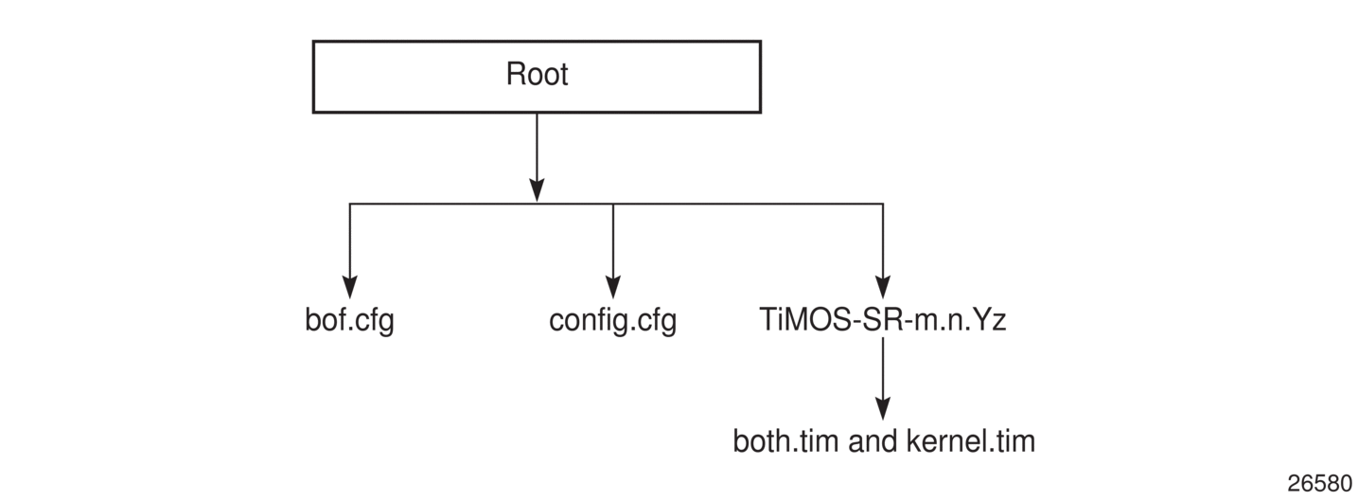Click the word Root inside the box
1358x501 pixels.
(x=537, y=75)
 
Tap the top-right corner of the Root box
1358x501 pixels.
(x=760, y=42)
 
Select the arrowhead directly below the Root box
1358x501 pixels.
(x=537, y=189)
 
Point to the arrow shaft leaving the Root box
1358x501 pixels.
(x=537, y=147)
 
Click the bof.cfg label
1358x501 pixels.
(x=349, y=320)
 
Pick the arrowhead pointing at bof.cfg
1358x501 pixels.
(x=350, y=286)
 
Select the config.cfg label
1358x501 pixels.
(x=612, y=320)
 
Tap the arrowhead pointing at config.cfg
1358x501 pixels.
(x=613, y=286)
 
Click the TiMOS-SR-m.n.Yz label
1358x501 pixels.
(x=882, y=320)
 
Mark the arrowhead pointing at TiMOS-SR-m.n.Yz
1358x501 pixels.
(x=883, y=286)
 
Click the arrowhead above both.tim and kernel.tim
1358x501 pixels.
(x=883, y=408)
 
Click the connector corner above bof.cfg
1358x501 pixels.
(x=350, y=204)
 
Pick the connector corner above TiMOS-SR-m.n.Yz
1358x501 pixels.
(x=883, y=204)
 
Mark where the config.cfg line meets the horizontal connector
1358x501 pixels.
(x=613, y=204)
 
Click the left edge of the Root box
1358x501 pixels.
(x=314, y=76)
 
